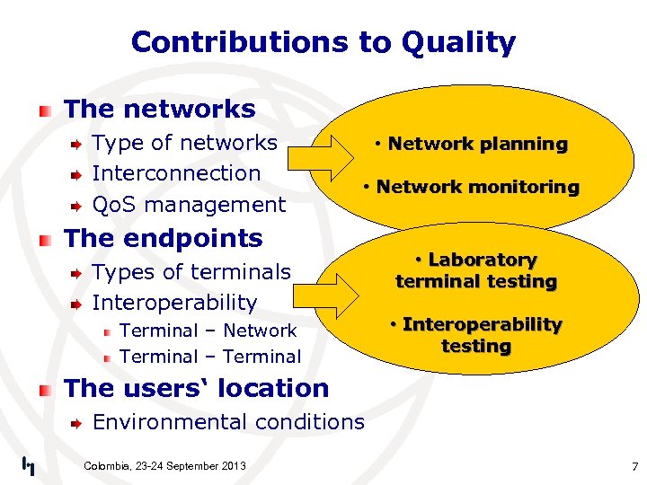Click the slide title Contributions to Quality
(323, 42)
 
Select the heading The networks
(160, 110)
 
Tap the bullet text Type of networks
(185, 143)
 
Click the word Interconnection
(176, 173)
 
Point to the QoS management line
(189, 205)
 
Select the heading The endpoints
(164, 239)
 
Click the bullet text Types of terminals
(191, 272)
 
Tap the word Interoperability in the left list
(174, 303)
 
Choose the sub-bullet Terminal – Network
(208, 331)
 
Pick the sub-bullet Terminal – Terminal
(210, 357)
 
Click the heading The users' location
(197, 389)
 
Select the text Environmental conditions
(228, 422)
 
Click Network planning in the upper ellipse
(472, 144)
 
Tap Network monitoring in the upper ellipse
(472, 187)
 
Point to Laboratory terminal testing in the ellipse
(476, 270)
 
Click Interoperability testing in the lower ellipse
(476, 335)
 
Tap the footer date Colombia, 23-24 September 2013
(164, 465)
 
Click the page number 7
(634, 467)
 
